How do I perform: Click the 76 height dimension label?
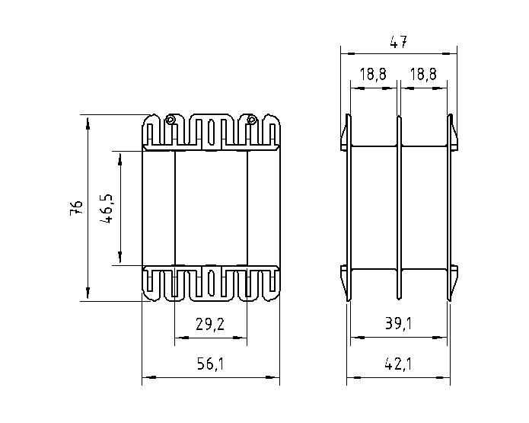click(x=76, y=208)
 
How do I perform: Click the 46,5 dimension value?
click(x=107, y=209)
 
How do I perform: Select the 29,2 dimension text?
click(x=210, y=325)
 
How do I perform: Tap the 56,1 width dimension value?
click(x=210, y=364)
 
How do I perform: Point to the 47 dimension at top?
click(x=398, y=43)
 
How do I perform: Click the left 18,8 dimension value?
click(x=373, y=74)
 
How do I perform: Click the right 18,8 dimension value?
click(x=423, y=74)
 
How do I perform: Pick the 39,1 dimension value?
click(x=398, y=324)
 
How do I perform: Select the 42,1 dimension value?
click(x=398, y=364)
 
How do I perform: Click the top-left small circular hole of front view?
click(x=170, y=120)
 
